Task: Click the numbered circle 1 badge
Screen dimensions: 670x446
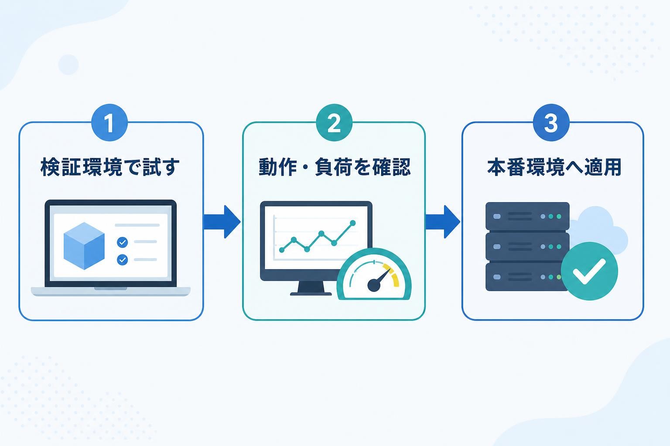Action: click(x=109, y=122)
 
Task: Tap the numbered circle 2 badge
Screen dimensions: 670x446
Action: click(x=334, y=122)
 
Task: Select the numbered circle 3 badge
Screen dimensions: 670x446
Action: click(x=551, y=122)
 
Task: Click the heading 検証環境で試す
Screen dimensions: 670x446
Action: click(x=110, y=167)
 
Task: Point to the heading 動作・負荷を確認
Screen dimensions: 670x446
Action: click(x=335, y=167)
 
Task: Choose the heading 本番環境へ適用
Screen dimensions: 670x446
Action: click(x=554, y=167)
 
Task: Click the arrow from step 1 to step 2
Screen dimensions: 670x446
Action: click(x=222, y=222)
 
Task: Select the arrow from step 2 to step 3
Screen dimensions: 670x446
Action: click(x=443, y=222)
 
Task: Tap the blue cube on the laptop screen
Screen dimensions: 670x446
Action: click(x=84, y=246)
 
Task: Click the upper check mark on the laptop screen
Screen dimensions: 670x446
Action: click(x=122, y=242)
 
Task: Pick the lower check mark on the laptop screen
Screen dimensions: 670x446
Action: click(x=122, y=260)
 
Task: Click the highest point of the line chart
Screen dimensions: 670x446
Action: click(x=352, y=223)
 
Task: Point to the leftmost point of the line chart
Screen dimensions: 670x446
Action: click(x=281, y=250)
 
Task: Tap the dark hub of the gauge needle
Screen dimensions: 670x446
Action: click(x=374, y=285)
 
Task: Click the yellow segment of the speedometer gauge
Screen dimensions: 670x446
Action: click(x=393, y=274)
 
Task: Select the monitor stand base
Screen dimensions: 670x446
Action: click(x=311, y=294)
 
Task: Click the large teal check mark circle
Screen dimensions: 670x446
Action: click(x=589, y=271)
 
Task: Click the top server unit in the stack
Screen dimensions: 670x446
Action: click(x=527, y=216)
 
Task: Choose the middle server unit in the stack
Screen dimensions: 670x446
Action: click(x=527, y=247)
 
